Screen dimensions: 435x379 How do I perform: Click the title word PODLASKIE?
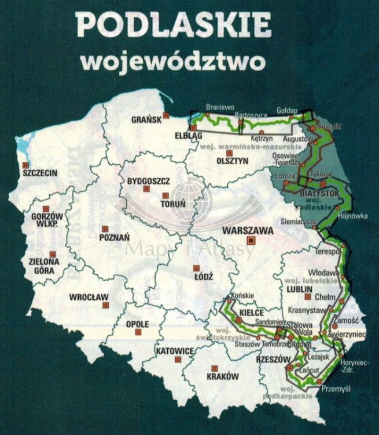click(173, 27)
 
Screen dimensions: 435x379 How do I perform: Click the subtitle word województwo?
click(173, 60)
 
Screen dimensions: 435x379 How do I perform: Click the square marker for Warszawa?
click(251, 240)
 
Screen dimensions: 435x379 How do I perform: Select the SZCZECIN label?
click(40, 173)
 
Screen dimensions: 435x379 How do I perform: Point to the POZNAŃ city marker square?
click(105, 229)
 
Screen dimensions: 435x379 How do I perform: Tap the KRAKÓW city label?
click(222, 376)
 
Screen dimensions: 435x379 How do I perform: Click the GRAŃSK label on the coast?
click(145, 120)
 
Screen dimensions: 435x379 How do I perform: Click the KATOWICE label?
click(174, 351)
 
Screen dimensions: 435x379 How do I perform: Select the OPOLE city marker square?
click(138, 332)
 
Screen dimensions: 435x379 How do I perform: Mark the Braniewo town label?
click(220, 107)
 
